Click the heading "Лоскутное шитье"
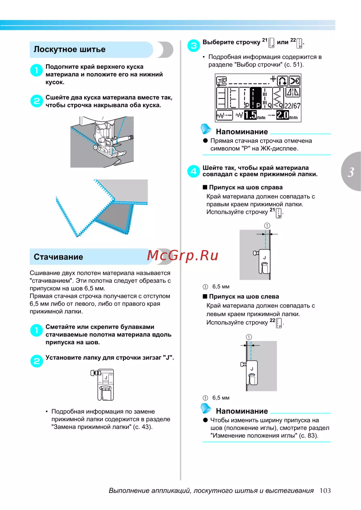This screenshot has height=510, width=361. tap(70, 49)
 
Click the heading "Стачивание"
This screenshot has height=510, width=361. tap(58, 257)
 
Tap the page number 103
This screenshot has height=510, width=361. tap(325, 491)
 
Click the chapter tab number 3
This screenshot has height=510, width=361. tap(351, 172)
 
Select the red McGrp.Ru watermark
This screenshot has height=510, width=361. tap(183, 255)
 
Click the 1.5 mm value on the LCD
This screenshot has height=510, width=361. tap(251, 115)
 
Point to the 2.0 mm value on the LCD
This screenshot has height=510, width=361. tap(283, 115)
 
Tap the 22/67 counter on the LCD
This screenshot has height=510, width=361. tap(292, 106)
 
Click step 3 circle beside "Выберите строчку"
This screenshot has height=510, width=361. tap(193, 45)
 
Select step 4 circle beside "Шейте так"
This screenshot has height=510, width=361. tap(193, 171)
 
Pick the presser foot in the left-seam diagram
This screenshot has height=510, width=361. tap(252, 372)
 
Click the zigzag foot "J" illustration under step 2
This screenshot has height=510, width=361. tap(104, 384)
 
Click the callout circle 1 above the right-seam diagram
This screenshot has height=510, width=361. tap(267, 226)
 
